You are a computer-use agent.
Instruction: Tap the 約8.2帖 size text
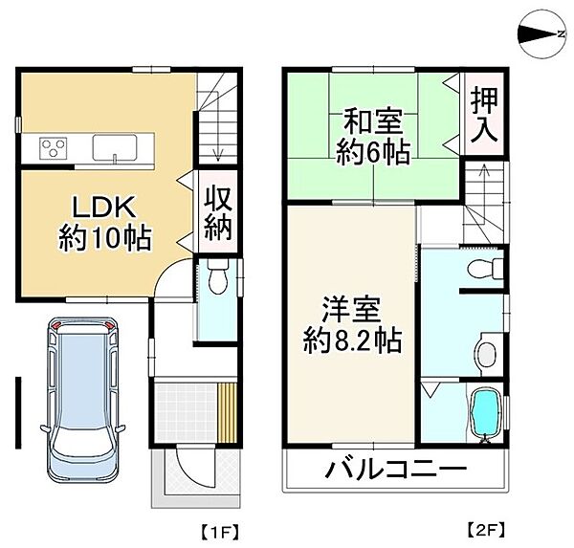(x=350, y=340)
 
